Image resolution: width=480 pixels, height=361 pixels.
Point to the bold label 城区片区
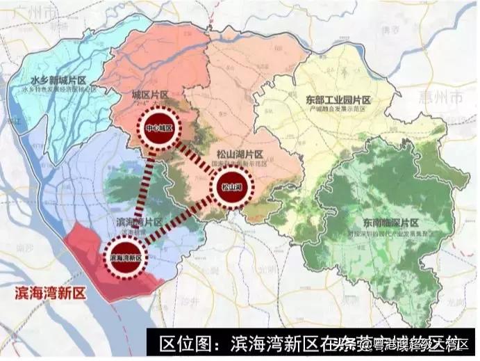tap(149, 95)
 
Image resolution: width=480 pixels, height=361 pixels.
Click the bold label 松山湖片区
tap(238, 154)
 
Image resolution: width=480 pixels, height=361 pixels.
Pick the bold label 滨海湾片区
tap(136, 223)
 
